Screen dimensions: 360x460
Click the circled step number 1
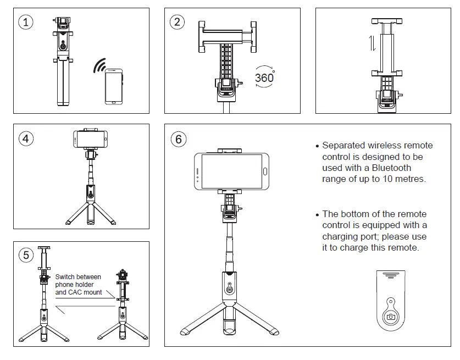coord(26,22)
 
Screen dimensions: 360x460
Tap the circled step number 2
coord(177,22)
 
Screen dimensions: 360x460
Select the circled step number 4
coord(26,139)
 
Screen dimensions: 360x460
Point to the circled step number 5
coord(26,255)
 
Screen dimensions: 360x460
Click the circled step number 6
coord(178,139)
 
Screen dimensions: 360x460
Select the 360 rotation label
coord(264,77)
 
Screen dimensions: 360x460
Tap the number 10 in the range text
coord(381,179)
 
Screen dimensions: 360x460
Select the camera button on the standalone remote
coord(391,317)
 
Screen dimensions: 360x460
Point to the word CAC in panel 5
coord(75,292)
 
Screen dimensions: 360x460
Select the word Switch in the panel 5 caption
coord(65,277)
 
